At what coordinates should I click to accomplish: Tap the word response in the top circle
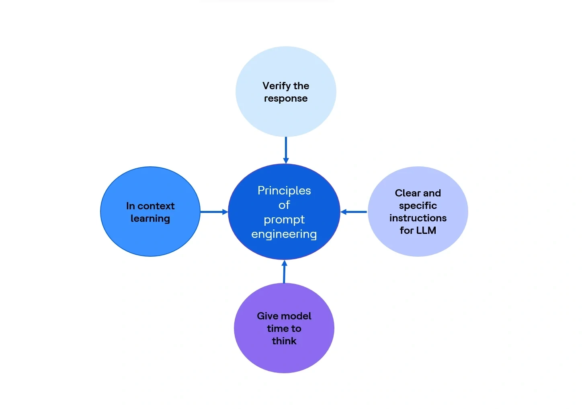(286, 99)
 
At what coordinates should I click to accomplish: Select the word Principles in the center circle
(284, 191)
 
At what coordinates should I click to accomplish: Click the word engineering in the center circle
(284, 234)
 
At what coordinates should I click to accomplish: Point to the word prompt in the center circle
(284, 220)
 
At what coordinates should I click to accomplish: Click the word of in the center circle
(284, 205)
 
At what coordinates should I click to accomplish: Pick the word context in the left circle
(156, 206)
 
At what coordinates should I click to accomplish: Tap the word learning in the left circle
(150, 219)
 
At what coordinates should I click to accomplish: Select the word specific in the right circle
(418, 206)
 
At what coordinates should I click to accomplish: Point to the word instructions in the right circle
(418, 218)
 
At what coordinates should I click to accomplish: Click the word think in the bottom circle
(284, 341)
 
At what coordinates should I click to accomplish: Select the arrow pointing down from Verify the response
(286, 150)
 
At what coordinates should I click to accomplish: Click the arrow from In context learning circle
(214, 212)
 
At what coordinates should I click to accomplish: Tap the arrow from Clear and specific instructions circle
(354, 212)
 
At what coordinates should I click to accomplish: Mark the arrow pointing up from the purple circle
(285, 271)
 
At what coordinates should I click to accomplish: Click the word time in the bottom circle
(276, 329)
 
